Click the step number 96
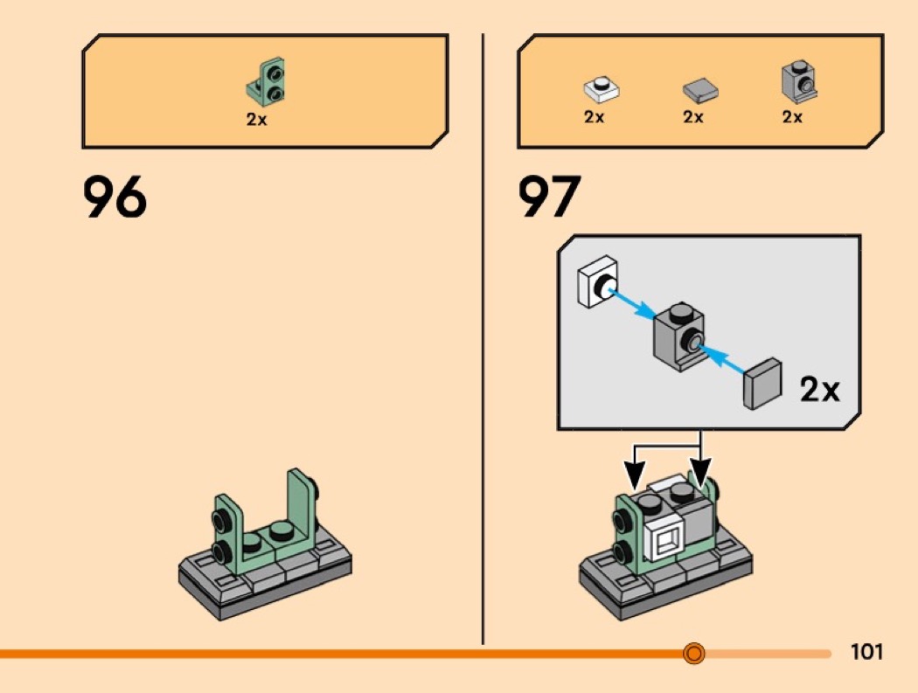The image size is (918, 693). click(x=115, y=198)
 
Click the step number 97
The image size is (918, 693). click(x=550, y=198)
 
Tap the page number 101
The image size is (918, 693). click(x=866, y=652)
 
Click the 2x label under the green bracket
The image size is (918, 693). click(x=256, y=120)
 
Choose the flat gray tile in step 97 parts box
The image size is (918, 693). click(x=699, y=90)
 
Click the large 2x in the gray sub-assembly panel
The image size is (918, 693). click(x=818, y=390)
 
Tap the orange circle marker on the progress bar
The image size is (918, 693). click(x=693, y=653)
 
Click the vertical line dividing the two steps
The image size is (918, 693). click(x=483, y=350)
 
